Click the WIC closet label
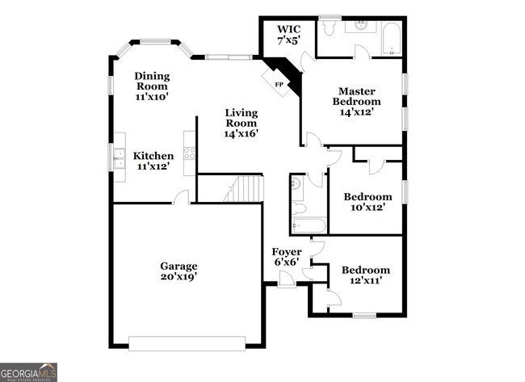288,34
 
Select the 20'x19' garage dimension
178,276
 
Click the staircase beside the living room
246,189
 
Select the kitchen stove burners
191,151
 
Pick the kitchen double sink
119,163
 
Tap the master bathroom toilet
329,27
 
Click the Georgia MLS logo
28,372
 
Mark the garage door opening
187,344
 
